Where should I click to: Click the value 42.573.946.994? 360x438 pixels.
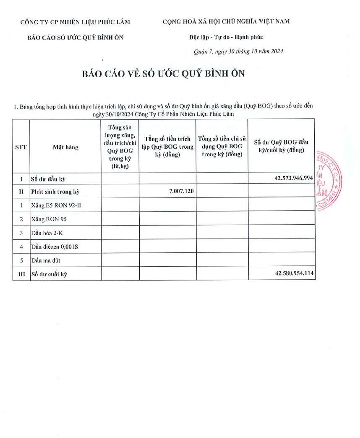coord(294,178)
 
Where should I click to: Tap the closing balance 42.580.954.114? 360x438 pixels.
coord(294,273)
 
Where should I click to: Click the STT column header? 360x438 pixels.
coord(21,147)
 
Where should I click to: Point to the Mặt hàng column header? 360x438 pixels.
coord(65,147)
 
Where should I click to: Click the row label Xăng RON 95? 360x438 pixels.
coord(49,219)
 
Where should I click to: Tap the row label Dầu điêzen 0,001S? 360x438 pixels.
coord(55,247)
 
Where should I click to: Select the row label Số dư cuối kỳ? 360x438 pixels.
coord(49,274)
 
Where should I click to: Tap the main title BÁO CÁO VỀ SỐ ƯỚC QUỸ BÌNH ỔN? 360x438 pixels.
coord(163,74)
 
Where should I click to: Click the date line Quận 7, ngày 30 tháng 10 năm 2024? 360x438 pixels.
coord(238,51)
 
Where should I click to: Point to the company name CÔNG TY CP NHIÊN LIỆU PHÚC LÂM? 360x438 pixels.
coord(75,22)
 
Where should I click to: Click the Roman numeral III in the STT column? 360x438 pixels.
coord(21,274)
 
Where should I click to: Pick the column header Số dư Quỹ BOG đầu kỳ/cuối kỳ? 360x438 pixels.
coord(281,146)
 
